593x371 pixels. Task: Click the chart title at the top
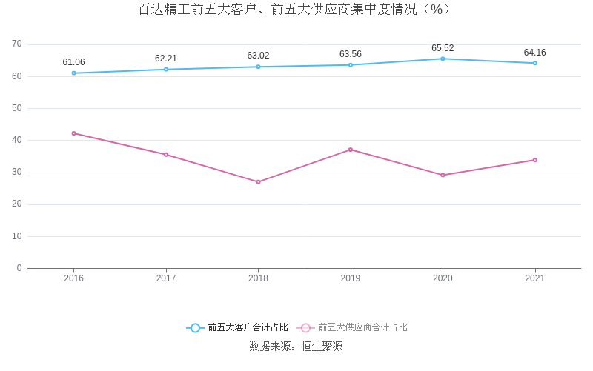click(x=296, y=10)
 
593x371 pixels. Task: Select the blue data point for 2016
click(x=74, y=73)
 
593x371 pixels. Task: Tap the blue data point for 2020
click(x=443, y=59)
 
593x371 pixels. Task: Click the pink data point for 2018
click(x=258, y=181)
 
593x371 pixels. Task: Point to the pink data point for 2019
click(x=351, y=150)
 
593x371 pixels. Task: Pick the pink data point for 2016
click(x=74, y=133)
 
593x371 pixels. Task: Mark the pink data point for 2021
click(x=534, y=160)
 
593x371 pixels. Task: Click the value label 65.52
click(x=443, y=48)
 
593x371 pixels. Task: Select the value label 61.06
click(x=74, y=62)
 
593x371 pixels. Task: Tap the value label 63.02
click(x=258, y=56)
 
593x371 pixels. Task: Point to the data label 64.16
click(x=534, y=53)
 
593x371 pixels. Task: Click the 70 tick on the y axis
click(x=17, y=44)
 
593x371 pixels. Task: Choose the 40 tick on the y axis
click(x=17, y=140)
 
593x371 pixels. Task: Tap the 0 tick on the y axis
click(x=19, y=268)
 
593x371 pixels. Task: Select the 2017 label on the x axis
click(x=166, y=278)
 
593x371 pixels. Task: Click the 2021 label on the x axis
click(x=534, y=278)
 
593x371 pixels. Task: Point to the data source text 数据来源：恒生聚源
click(x=296, y=347)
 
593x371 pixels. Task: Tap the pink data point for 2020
click(x=443, y=175)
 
